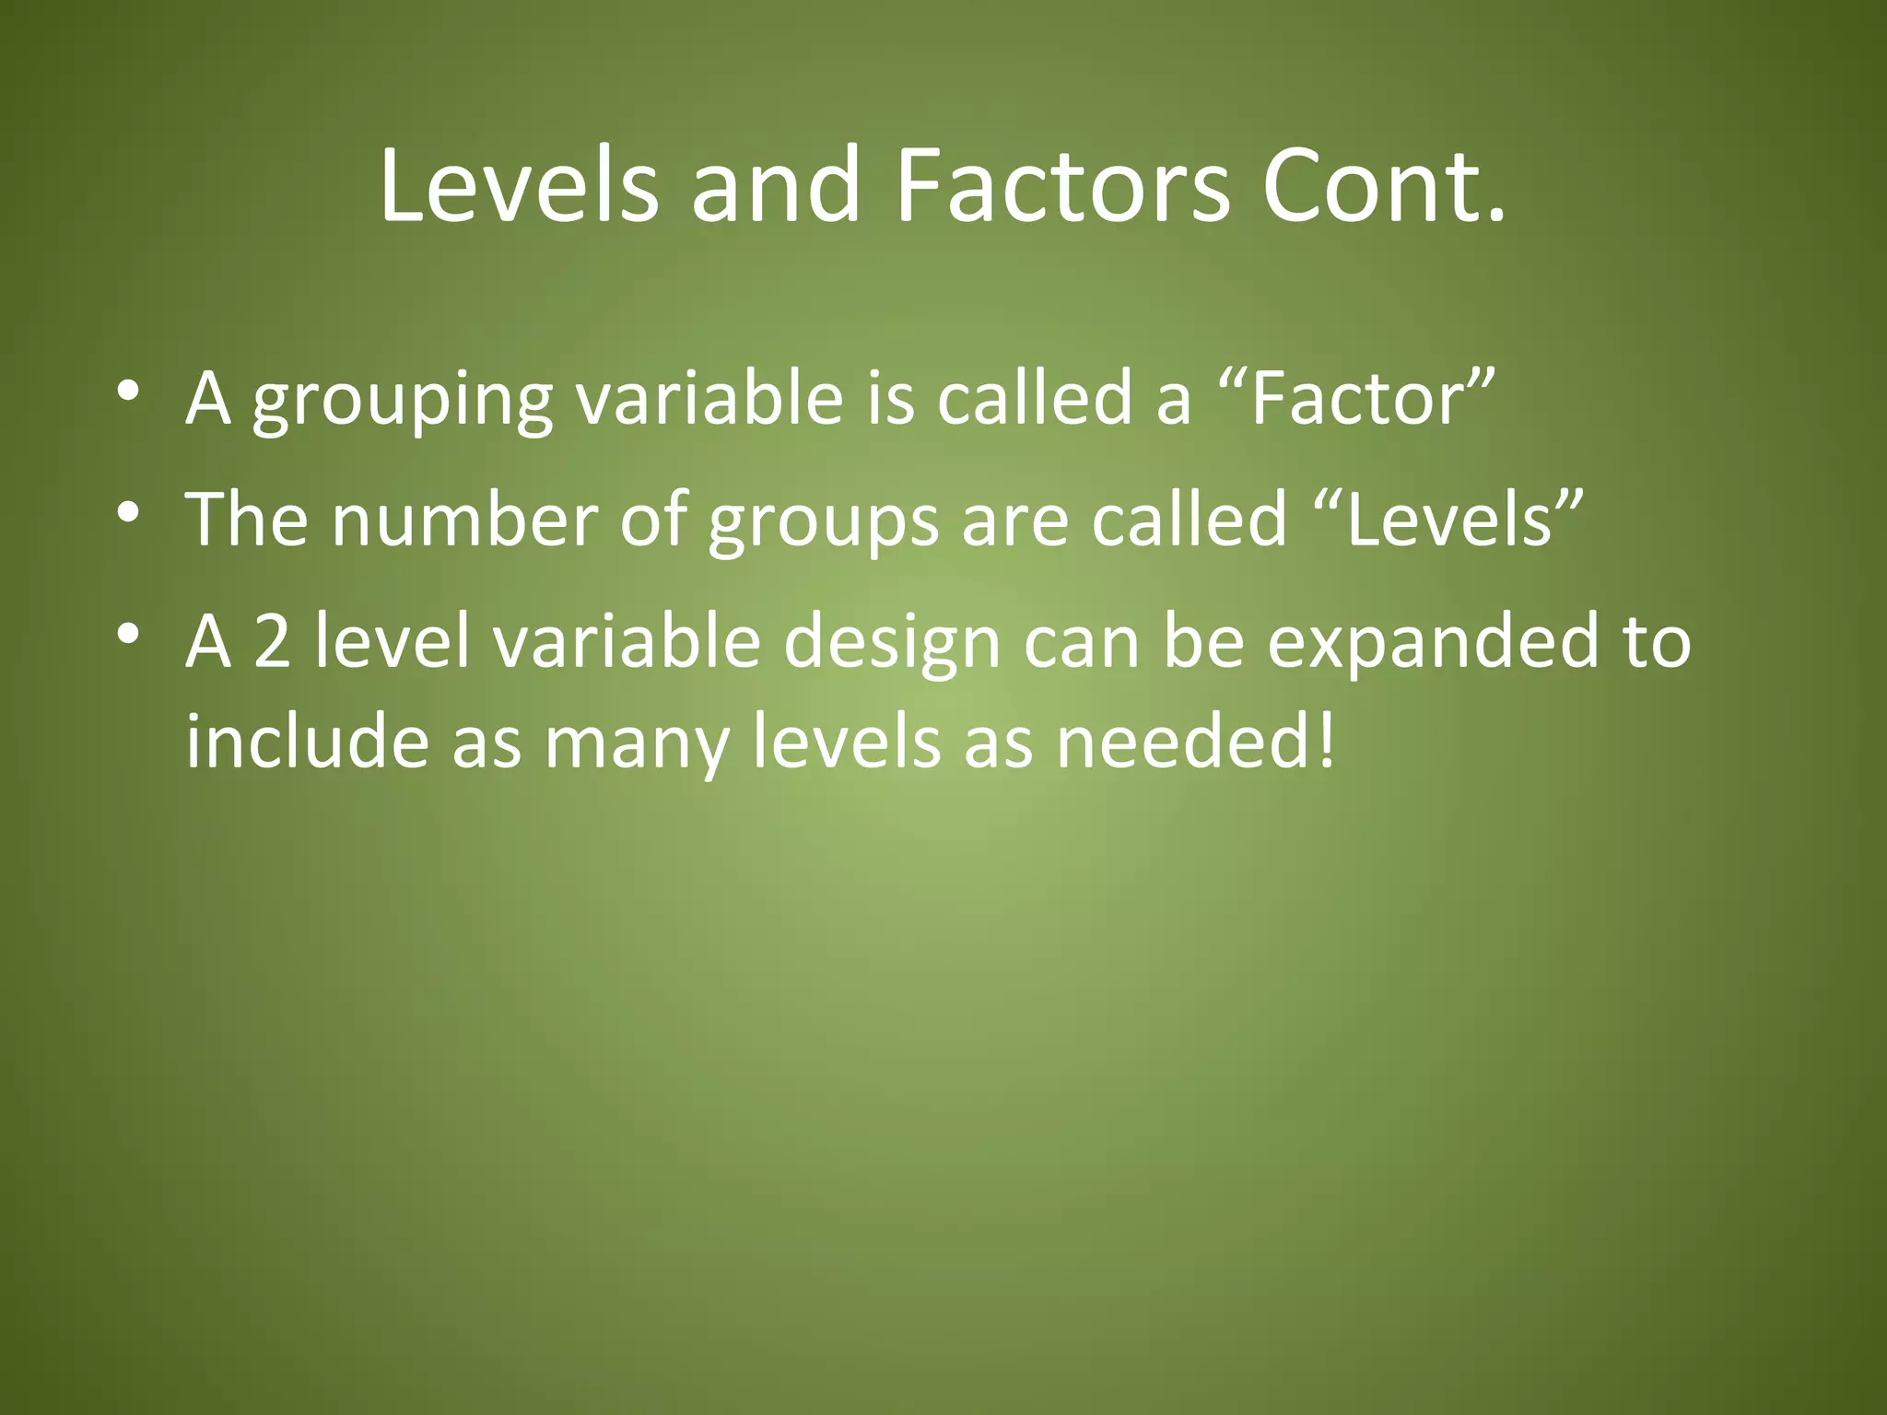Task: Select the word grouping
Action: pos(403,403)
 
